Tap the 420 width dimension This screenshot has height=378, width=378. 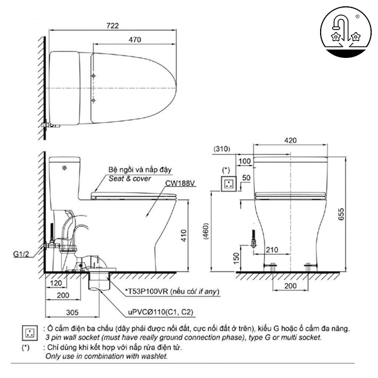291,140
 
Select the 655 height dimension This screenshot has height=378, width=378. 357,214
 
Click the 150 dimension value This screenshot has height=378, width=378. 236,258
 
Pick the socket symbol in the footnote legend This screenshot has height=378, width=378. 28,331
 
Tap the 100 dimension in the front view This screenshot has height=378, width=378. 245,162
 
